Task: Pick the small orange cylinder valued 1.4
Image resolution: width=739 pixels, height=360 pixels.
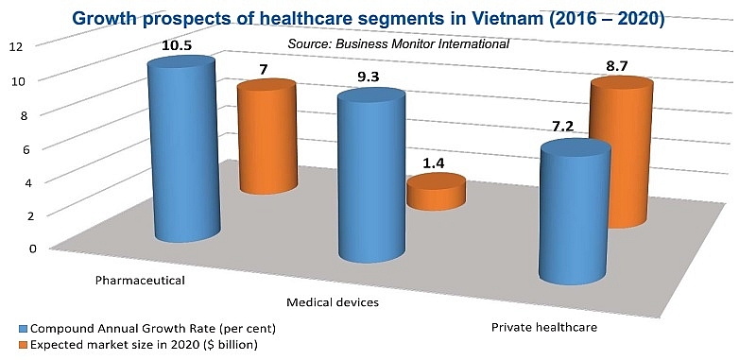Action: [x=436, y=193]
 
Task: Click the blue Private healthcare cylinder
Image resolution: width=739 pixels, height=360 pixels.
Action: [x=574, y=213]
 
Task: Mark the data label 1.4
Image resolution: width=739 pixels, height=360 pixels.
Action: [x=434, y=163]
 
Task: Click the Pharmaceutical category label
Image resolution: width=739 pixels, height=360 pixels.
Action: [x=140, y=281]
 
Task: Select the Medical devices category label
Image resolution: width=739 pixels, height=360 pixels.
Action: [x=333, y=302]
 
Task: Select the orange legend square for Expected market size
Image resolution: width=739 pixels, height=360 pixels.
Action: [x=9, y=345]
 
